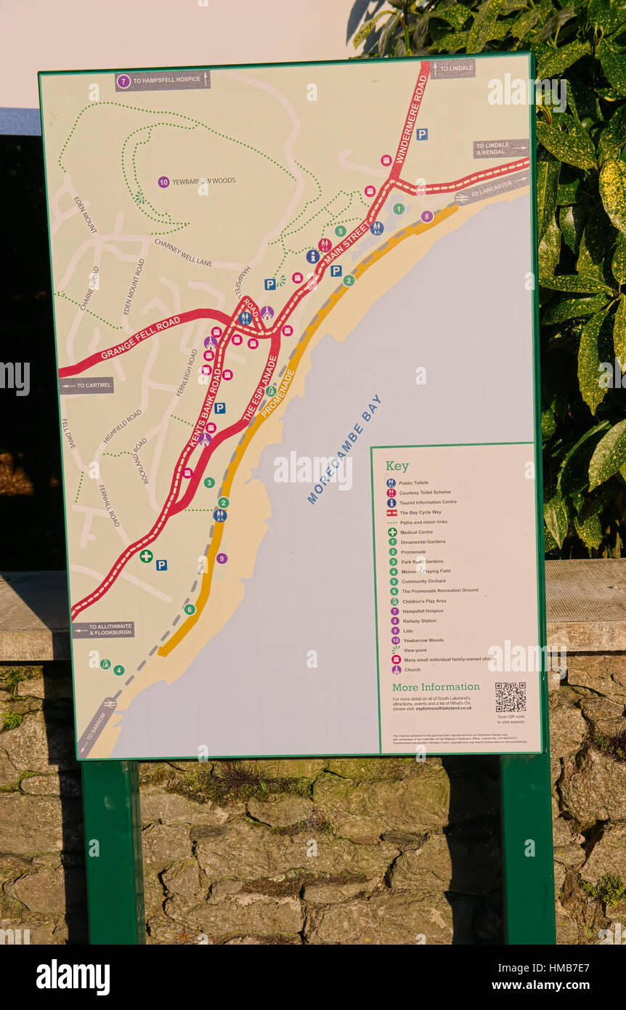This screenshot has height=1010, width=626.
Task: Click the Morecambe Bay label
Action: click(x=344, y=449)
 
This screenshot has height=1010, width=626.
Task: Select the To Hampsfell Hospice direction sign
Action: click(x=163, y=81)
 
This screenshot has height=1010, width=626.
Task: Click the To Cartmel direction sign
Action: click(x=87, y=385)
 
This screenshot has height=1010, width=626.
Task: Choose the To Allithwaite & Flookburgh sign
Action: click(x=103, y=629)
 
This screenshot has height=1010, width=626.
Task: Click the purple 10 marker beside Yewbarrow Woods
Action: click(x=163, y=182)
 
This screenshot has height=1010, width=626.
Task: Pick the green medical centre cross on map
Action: click(x=146, y=556)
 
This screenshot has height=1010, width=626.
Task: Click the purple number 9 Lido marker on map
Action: click(x=221, y=558)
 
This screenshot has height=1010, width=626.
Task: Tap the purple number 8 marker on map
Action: click(x=426, y=216)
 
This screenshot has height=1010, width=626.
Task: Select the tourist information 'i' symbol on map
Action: click(x=312, y=256)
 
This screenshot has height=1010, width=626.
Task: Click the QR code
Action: click(x=510, y=697)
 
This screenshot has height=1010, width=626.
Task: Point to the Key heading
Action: click(x=397, y=466)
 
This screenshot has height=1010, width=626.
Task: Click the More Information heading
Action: click(x=436, y=687)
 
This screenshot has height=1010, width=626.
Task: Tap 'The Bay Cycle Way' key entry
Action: click(x=420, y=512)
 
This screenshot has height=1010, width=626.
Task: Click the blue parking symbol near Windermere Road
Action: click(x=422, y=134)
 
